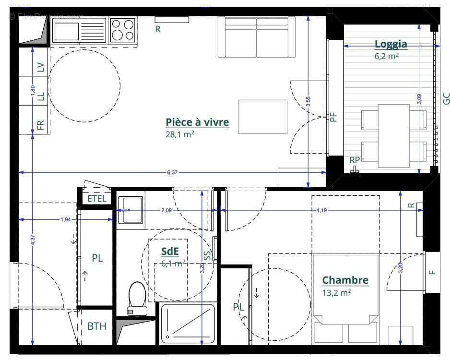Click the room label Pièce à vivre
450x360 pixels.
(x=197, y=122)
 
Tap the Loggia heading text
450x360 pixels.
(x=391, y=44)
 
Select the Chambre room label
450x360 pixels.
(x=345, y=280)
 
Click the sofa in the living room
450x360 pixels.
(x=257, y=37)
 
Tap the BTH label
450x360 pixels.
(x=96, y=326)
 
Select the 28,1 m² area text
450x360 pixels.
(x=179, y=134)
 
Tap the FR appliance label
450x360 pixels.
(x=40, y=126)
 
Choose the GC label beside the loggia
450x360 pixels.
(x=446, y=99)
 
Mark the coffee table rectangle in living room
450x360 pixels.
(x=263, y=117)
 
